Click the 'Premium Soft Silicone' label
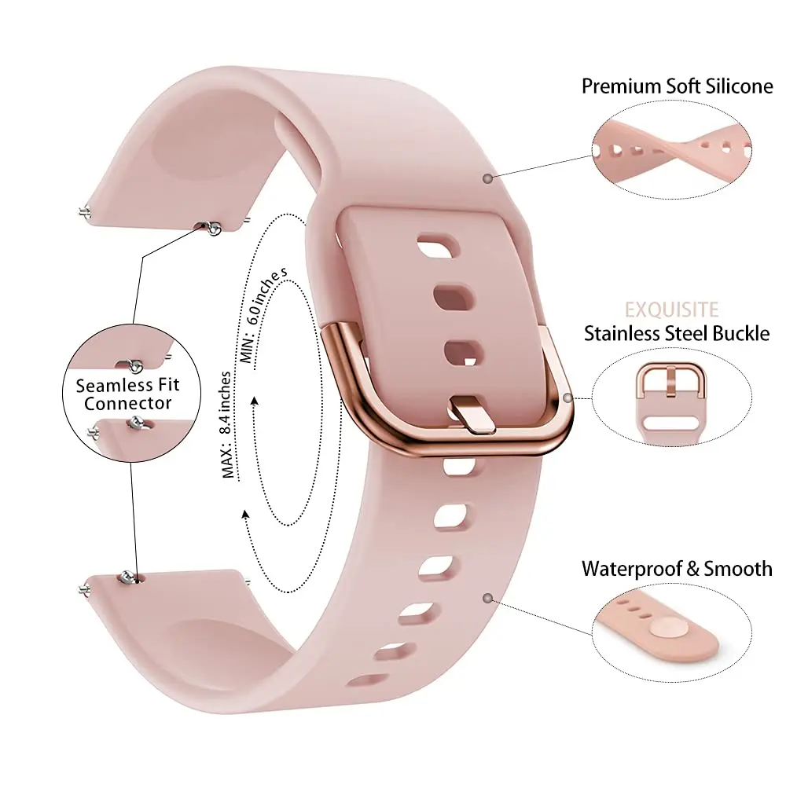(x=677, y=86)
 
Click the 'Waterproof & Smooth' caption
(x=677, y=569)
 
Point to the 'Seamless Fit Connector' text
(x=127, y=394)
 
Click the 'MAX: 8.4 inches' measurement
(x=228, y=424)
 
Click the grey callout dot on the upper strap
(x=488, y=179)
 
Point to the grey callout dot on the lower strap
(x=488, y=599)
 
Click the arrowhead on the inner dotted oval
(x=255, y=401)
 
